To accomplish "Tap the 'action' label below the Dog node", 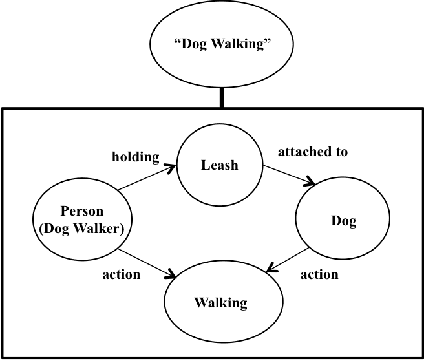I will click(x=320, y=274).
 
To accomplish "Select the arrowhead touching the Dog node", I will click(x=314, y=183).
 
